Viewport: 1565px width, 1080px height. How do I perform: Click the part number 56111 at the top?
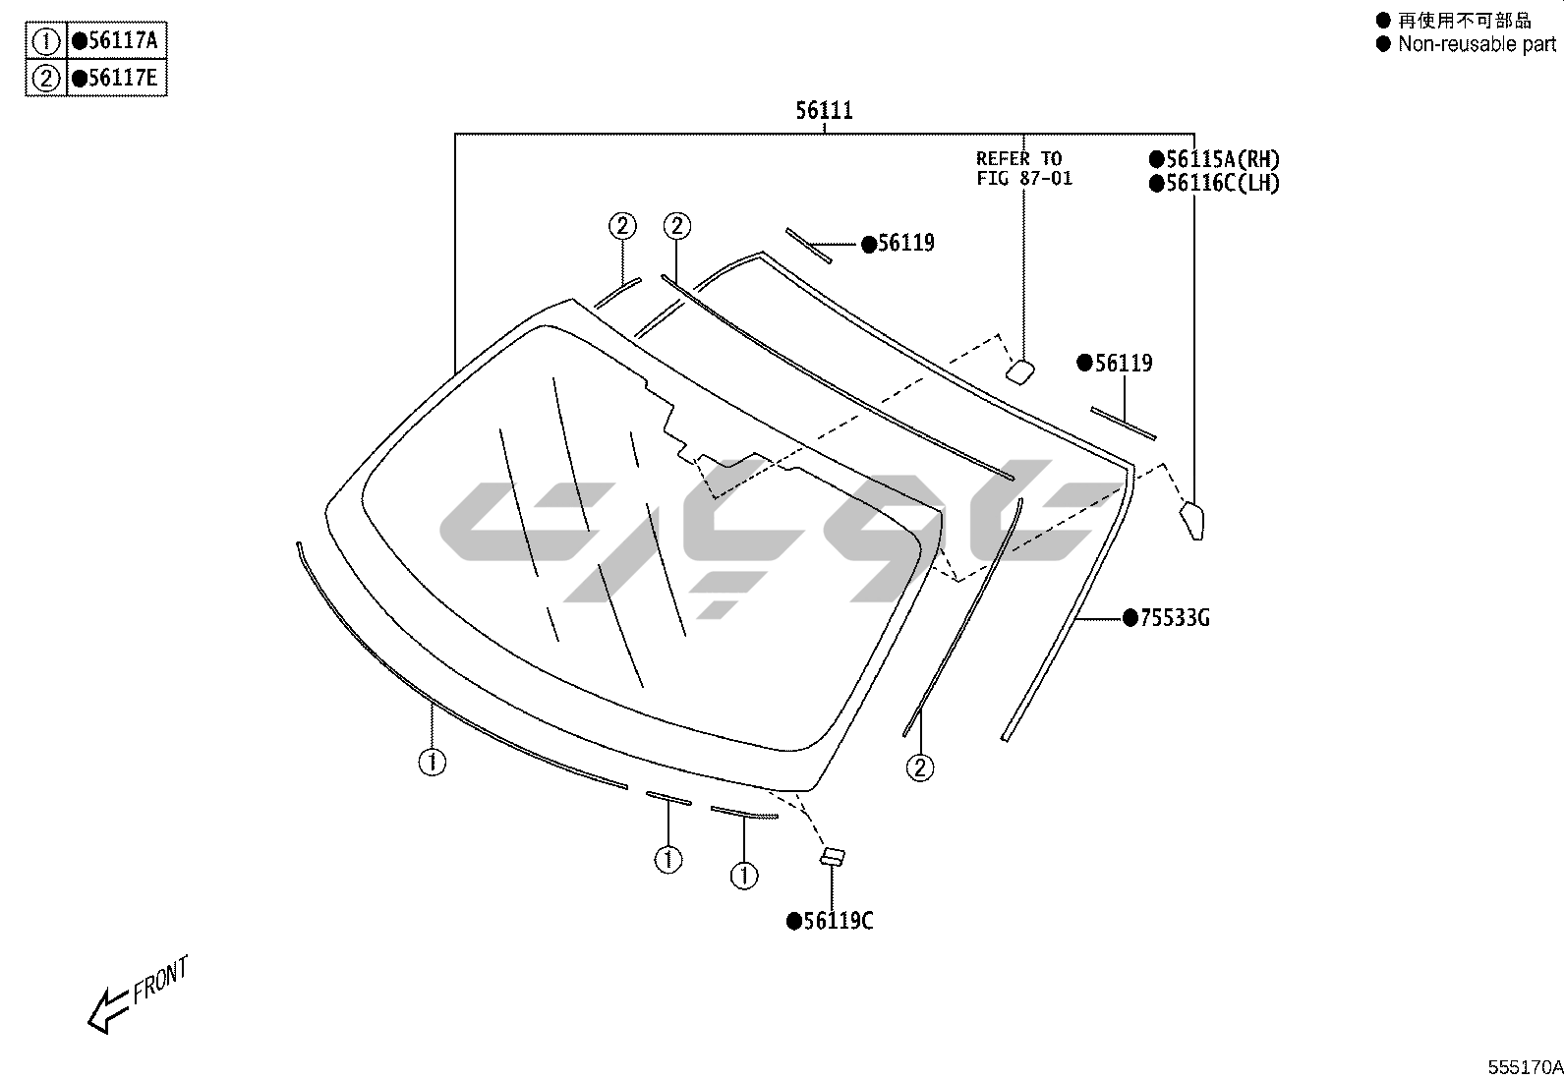(825, 110)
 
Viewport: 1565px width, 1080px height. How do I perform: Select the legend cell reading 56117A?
(116, 40)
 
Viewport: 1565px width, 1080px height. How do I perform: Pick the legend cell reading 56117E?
(116, 78)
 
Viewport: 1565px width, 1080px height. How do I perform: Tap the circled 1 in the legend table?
(46, 41)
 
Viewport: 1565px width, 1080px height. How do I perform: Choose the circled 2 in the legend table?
(46, 79)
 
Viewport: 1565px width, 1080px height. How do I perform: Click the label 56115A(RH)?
(1214, 159)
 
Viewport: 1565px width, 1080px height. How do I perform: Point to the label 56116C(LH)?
(1214, 183)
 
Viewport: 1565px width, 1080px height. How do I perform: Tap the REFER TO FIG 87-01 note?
(1023, 168)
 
